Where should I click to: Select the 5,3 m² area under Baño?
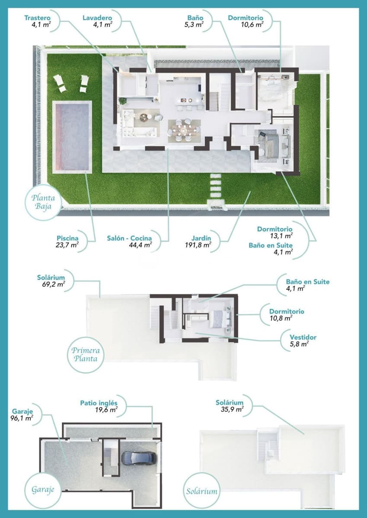[195, 25]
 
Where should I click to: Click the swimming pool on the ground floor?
[72, 136]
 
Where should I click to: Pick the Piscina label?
[67, 238]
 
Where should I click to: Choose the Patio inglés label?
[99, 403]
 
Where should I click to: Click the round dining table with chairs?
[184, 128]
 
